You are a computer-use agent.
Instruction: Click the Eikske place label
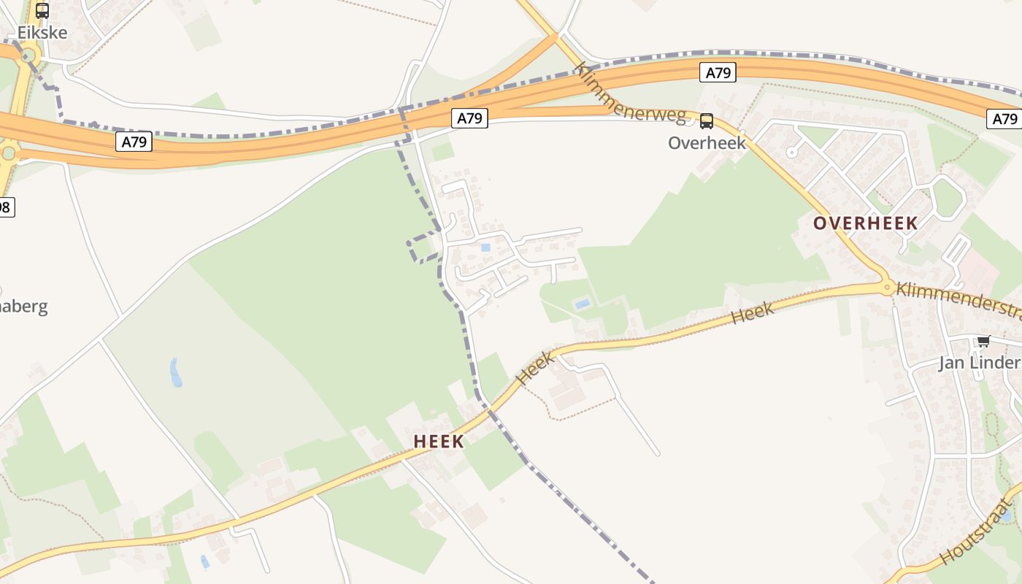(42, 32)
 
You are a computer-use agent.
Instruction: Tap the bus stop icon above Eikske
(42, 10)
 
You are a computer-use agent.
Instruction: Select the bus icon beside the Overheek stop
(706, 121)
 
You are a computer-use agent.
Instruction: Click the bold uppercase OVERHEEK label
(865, 223)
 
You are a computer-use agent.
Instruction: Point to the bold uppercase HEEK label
(438, 441)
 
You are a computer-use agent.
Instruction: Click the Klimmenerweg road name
(629, 93)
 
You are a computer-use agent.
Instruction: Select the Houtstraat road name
(978, 531)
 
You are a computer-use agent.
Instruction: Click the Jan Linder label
(978, 363)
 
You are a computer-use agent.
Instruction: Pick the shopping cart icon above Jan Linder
(983, 341)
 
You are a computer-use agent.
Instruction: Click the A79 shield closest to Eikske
(134, 142)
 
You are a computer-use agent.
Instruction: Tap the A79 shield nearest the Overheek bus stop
(718, 72)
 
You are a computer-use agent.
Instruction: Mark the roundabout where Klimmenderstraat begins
(888, 288)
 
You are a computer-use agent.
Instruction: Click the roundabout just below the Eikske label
(28, 55)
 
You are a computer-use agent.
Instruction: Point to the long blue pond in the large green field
(175, 372)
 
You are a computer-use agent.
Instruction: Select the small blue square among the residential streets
(485, 247)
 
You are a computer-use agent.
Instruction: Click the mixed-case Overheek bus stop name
(707, 142)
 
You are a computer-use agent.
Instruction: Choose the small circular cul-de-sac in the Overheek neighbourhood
(791, 153)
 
